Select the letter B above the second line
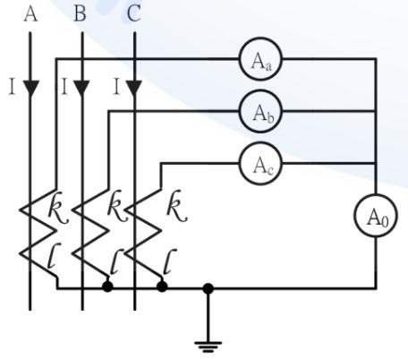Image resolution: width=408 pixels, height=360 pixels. pos(81,14)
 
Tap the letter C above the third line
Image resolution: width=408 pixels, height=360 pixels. pos(133,14)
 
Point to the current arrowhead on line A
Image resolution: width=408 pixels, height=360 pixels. pos(32,88)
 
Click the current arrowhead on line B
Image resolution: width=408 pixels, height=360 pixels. pos(82,88)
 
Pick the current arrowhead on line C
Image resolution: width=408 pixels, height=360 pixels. pos(134,88)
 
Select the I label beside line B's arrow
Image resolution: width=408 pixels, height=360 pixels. pos(64,87)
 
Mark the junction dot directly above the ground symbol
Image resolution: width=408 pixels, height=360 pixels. pos(208,288)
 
